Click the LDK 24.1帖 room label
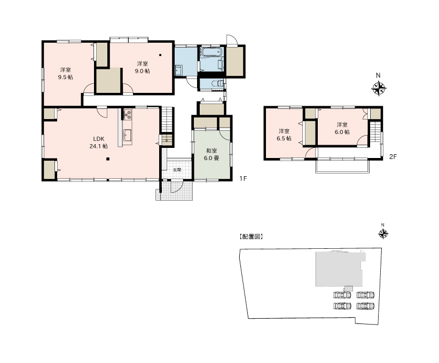(x=98, y=143)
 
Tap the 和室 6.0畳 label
(x=211, y=154)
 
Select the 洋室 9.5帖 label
(x=66, y=74)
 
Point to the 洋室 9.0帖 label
(x=142, y=67)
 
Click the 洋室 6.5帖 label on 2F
(x=284, y=135)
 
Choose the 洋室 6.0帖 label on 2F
(x=342, y=128)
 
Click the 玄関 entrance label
(x=177, y=170)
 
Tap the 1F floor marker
(x=243, y=178)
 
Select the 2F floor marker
(x=393, y=157)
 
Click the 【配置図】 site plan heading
(x=251, y=237)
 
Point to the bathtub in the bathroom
(x=211, y=52)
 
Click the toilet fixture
(x=218, y=84)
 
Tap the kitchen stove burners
(x=128, y=114)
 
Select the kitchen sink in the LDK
(x=128, y=136)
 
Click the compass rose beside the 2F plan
(x=379, y=89)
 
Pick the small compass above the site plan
(x=383, y=234)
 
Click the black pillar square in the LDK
(x=107, y=159)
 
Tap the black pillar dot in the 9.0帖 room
(x=160, y=55)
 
